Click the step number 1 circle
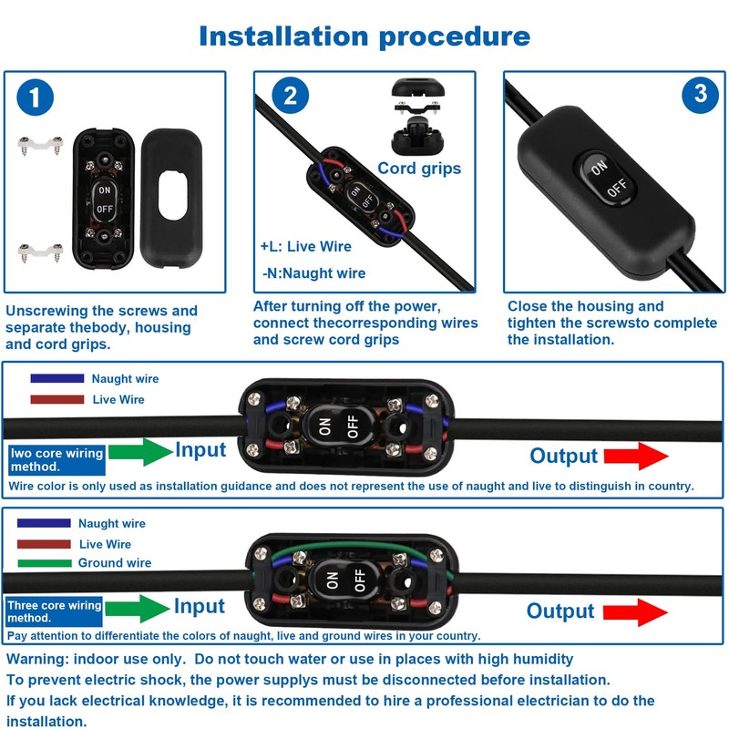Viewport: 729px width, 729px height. (35, 98)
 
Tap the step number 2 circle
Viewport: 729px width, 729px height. (290, 96)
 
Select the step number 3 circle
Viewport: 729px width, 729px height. (700, 95)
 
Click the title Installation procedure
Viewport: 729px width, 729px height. (364, 36)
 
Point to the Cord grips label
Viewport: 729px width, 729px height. (419, 169)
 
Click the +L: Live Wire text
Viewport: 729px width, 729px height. (306, 246)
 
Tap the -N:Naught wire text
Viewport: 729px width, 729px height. (313, 272)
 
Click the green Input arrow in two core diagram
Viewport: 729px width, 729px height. (140, 451)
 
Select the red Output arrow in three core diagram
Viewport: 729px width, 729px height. (635, 612)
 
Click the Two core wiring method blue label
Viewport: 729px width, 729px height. (56, 460)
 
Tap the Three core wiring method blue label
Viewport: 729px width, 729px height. (54, 611)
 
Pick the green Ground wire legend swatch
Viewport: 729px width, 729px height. (45, 563)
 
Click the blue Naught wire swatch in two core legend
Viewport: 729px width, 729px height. (57, 378)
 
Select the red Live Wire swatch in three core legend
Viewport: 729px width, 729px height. (44, 544)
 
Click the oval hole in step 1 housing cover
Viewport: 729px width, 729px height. (172, 195)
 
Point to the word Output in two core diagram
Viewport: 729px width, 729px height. (563, 457)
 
